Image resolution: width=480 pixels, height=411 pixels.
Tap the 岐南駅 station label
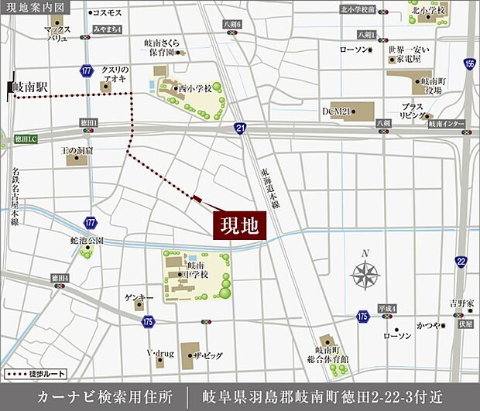pos(30,87)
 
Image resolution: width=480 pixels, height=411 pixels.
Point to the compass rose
pos(365,273)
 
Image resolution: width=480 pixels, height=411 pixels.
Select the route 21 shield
pos(241,127)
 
